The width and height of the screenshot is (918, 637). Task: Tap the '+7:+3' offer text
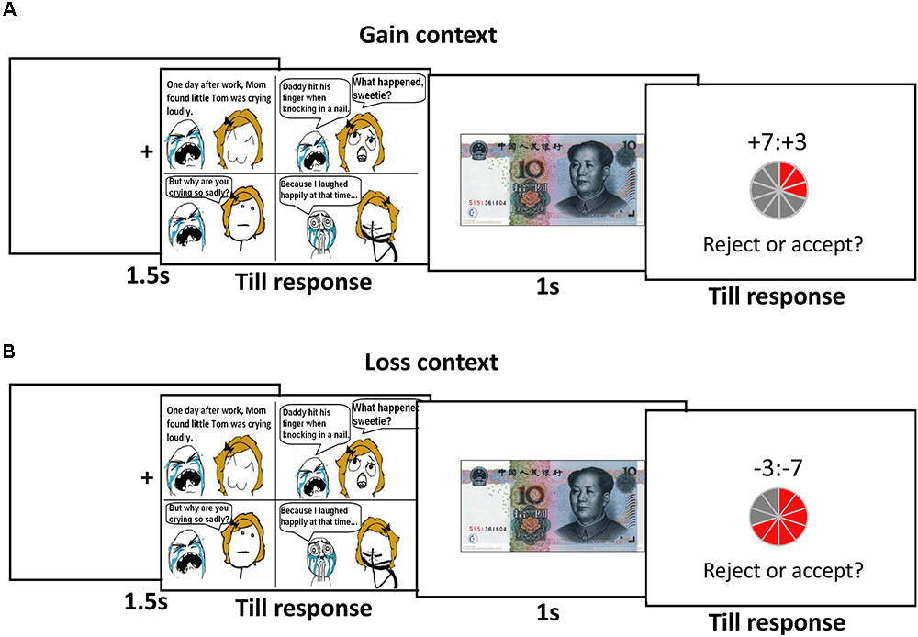tap(782, 140)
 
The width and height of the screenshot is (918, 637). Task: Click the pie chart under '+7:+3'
tap(781, 187)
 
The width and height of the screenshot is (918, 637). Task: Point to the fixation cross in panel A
tap(146, 152)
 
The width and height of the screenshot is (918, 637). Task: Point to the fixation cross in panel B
tap(146, 478)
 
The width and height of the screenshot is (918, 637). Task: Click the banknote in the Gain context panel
tap(551, 180)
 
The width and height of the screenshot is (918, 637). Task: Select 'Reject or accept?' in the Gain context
tap(782, 245)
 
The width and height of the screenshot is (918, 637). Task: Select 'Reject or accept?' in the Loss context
tap(782, 570)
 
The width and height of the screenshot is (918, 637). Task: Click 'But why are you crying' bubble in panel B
tap(197, 511)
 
